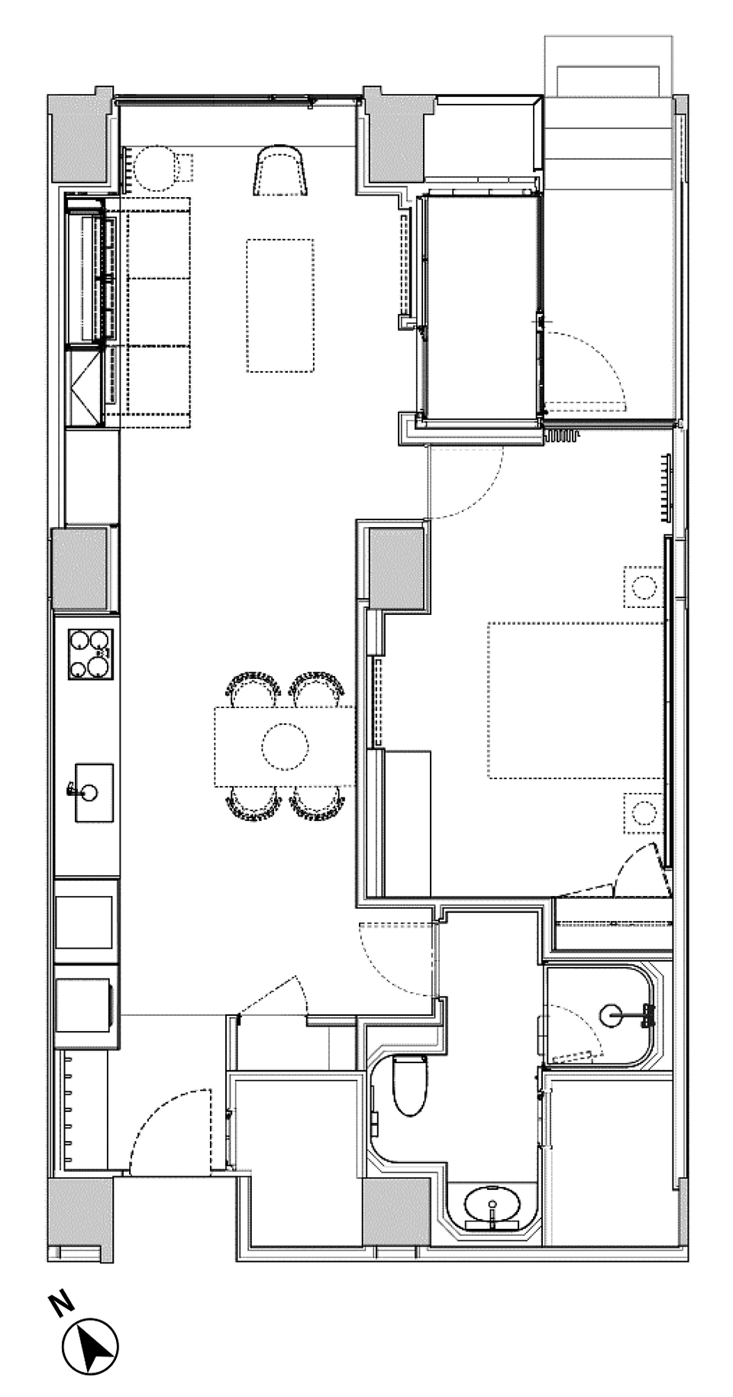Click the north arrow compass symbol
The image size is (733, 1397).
[90, 1349]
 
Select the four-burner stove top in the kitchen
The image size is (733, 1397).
[90, 654]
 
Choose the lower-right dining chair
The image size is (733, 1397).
[318, 804]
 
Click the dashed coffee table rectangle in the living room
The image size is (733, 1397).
[280, 306]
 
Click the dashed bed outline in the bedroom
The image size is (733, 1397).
[576, 700]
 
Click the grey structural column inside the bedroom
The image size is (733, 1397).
[396, 568]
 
